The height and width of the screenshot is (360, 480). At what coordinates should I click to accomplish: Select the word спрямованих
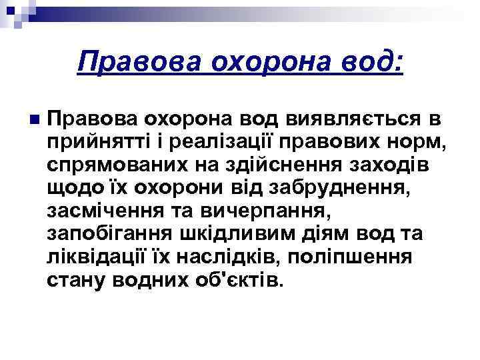coord(115,164)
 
